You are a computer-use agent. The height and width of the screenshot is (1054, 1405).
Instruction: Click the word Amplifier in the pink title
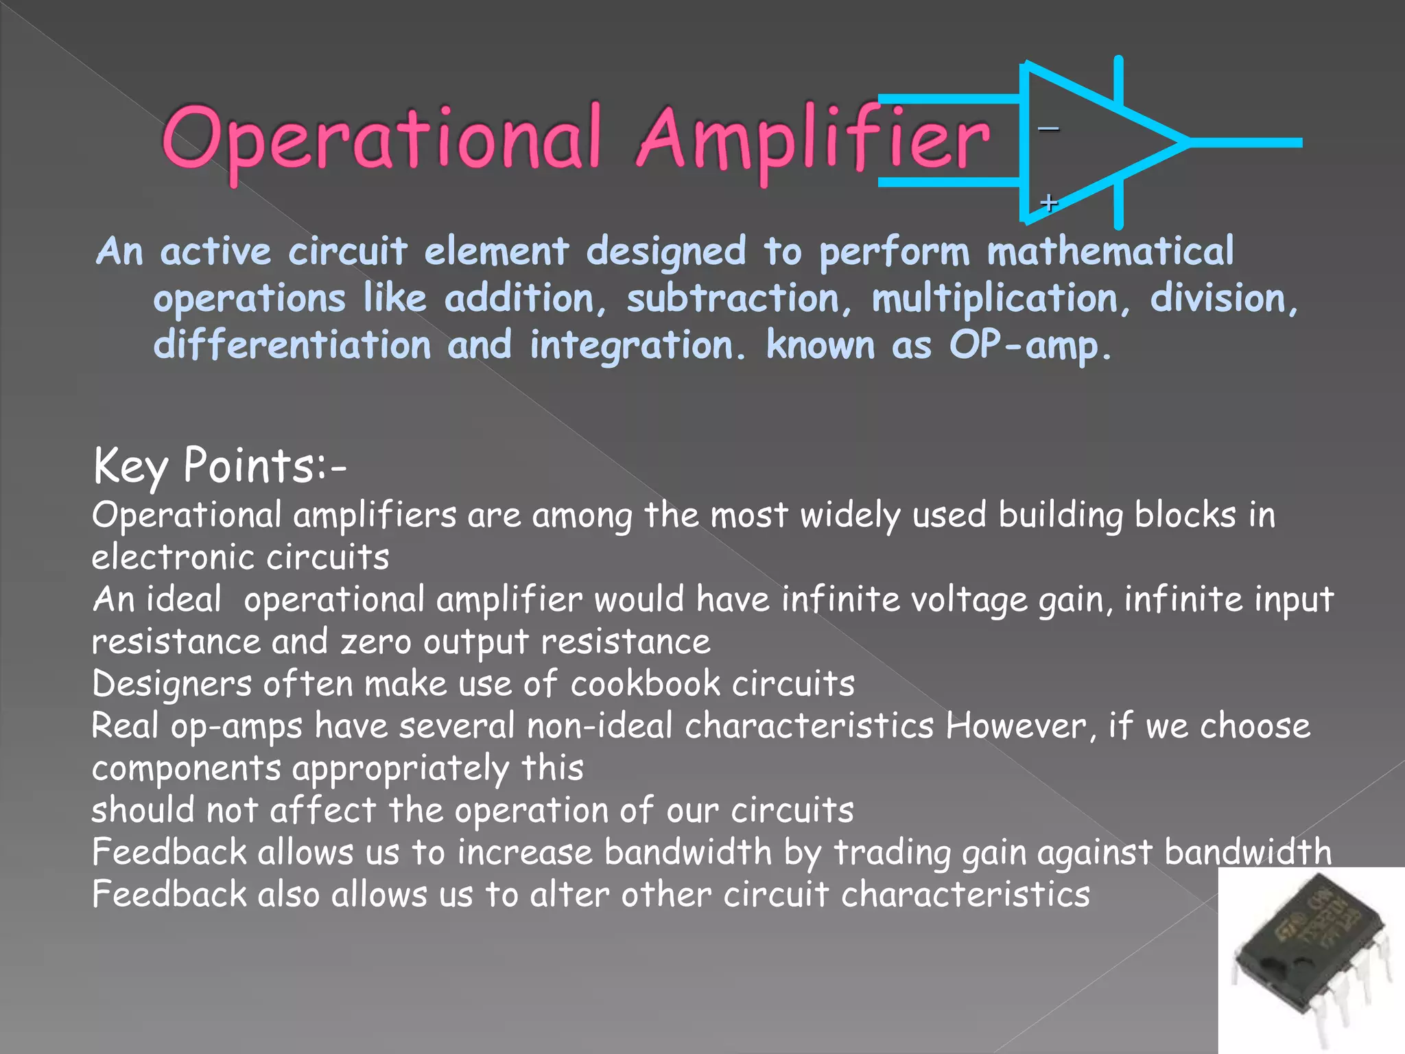point(813,141)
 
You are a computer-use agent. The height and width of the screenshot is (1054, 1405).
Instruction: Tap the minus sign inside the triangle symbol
point(1048,128)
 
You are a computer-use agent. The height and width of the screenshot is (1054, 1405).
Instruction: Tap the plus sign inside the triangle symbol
point(1048,203)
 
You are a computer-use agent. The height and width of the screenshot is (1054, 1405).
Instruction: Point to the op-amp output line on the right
point(1245,143)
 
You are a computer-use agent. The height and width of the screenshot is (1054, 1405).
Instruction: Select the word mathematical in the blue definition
point(1109,251)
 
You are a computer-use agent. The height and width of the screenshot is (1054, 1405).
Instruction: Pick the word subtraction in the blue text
point(733,299)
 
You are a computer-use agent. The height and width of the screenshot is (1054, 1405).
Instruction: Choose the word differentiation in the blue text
point(292,345)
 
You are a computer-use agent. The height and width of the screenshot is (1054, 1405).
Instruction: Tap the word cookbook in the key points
point(646,684)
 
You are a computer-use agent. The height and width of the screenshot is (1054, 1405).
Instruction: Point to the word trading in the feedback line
point(892,853)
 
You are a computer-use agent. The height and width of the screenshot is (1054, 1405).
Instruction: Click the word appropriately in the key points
point(401,769)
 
